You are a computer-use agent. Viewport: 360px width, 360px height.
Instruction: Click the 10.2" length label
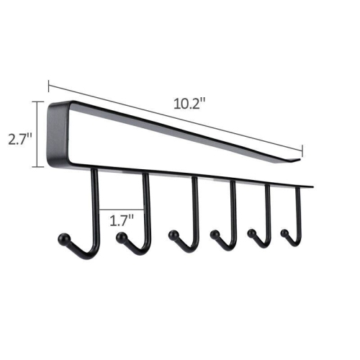pos(189,103)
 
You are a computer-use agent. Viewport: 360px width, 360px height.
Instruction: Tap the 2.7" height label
pos(18,137)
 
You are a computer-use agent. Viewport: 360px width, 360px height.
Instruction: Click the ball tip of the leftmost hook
pos(63,238)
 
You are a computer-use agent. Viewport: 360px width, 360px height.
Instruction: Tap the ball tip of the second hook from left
pos(122,237)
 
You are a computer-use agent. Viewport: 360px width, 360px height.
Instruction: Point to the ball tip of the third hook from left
pos(173,235)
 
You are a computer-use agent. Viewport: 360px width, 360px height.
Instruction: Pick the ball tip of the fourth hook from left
pos(214,233)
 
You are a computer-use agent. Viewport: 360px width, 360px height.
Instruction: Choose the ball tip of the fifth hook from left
pos(253,233)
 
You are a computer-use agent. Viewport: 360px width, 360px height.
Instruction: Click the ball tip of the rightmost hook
pos(285,233)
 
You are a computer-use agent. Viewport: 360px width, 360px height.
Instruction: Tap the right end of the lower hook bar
pos(312,185)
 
